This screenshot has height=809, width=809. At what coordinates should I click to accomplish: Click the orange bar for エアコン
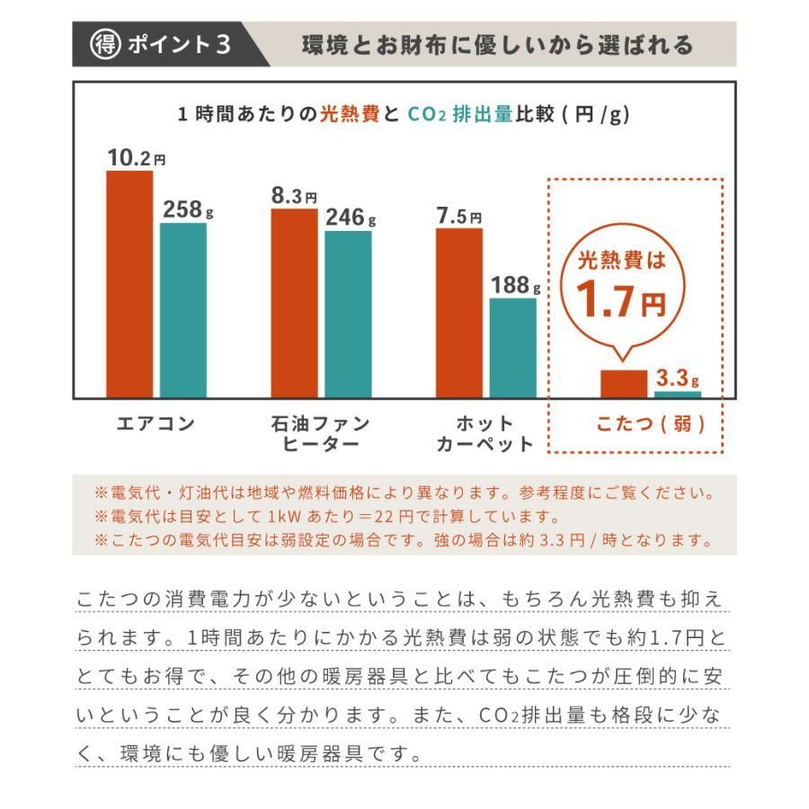pyautogui.click(x=129, y=283)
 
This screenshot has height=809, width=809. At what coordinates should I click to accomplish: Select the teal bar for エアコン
pyautogui.click(x=183, y=310)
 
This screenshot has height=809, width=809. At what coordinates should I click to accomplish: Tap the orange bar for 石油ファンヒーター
pyautogui.click(x=294, y=303)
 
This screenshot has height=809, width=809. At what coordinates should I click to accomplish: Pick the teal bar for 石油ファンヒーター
pyautogui.click(x=348, y=314)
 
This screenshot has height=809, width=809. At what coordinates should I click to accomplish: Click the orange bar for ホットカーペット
pyautogui.click(x=459, y=313)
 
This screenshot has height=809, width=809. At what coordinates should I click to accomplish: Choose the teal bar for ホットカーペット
pyautogui.click(x=512, y=348)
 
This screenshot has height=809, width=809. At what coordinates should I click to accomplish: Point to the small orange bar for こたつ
pyautogui.click(x=624, y=384)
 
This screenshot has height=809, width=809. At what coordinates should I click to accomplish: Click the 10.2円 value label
pyautogui.click(x=136, y=158)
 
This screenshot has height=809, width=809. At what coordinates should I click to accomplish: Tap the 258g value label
pyautogui.click(x=188, y=210)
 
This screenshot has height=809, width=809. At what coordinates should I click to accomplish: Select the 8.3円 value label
pyautogui.click(x=294, y=195)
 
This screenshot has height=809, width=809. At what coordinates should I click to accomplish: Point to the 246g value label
pyautogui.click(x=351, y=218)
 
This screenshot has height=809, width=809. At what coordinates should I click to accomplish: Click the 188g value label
pyautogui.click(x=515, y=286)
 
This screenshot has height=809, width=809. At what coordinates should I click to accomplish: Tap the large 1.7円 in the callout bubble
pyautogui.click(x=621, y=301)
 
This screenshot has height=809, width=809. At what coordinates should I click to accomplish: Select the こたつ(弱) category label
pyautogui.click(x=649, y=424)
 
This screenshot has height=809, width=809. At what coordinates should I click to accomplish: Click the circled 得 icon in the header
pyautogui.click(x=105, y=44)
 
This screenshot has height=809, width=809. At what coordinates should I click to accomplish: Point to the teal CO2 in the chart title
pyautogui.click(x=422, y=114)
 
